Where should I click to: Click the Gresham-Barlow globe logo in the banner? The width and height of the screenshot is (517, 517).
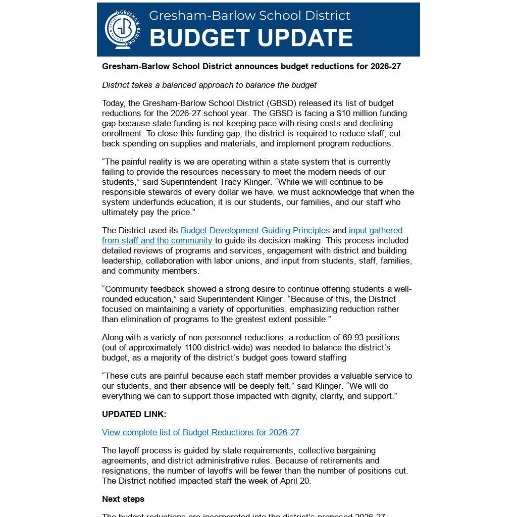click(x=122, y=29)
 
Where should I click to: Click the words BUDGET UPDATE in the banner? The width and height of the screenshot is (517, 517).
click(x=251, y=38)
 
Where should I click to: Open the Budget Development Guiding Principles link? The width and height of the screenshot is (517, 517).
click(x=255, y=230)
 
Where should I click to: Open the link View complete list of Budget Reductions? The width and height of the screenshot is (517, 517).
click(x=200, y=432)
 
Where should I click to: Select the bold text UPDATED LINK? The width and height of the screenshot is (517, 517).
click(x=134, y=414)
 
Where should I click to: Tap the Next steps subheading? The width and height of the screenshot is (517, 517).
click(x=123, y=499)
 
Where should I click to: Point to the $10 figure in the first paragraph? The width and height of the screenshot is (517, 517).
click(x=344, y=113)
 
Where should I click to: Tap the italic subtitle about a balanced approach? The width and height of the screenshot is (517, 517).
click(x=209, y=85)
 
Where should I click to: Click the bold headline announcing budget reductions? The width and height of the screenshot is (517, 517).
click(x=251, y=66)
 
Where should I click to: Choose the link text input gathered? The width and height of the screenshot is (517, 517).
click(x=375, y=230)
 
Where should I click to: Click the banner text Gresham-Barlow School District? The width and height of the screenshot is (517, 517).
click(x=249, y=16)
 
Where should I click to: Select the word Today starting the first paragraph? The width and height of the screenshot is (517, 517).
click(x=114, y=103)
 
